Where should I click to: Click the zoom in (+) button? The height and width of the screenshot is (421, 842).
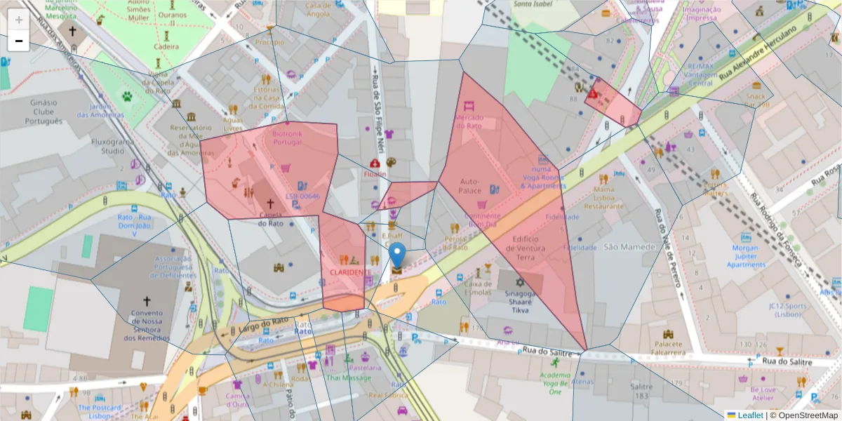[19, 20]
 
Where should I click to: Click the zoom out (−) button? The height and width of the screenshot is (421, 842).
[19, 41]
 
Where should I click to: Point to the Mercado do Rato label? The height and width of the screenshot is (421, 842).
[469, 121]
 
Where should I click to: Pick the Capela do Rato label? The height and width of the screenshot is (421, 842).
[271, 219]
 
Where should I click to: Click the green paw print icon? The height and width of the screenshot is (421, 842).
[128, 96]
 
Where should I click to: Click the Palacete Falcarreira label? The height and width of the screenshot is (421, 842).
[668, 348]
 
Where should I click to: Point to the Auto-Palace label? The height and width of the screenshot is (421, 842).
[469, 186]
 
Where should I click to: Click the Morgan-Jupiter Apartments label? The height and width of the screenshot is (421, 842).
[746, 256]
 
